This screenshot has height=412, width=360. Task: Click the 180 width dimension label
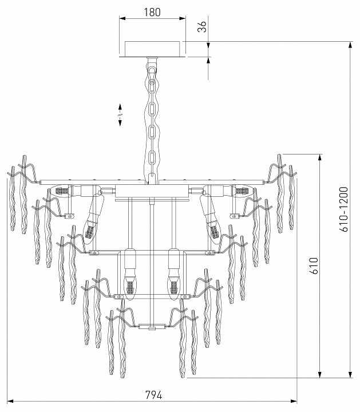pyautogui.click(x=152, y=11)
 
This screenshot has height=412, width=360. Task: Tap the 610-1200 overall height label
pyautogui.click(x=344, y=209)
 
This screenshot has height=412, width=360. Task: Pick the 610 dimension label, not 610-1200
pyautogui.click(x=313, y=266)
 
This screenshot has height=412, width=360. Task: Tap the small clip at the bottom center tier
pyautogui.click(x=152, y=328)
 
